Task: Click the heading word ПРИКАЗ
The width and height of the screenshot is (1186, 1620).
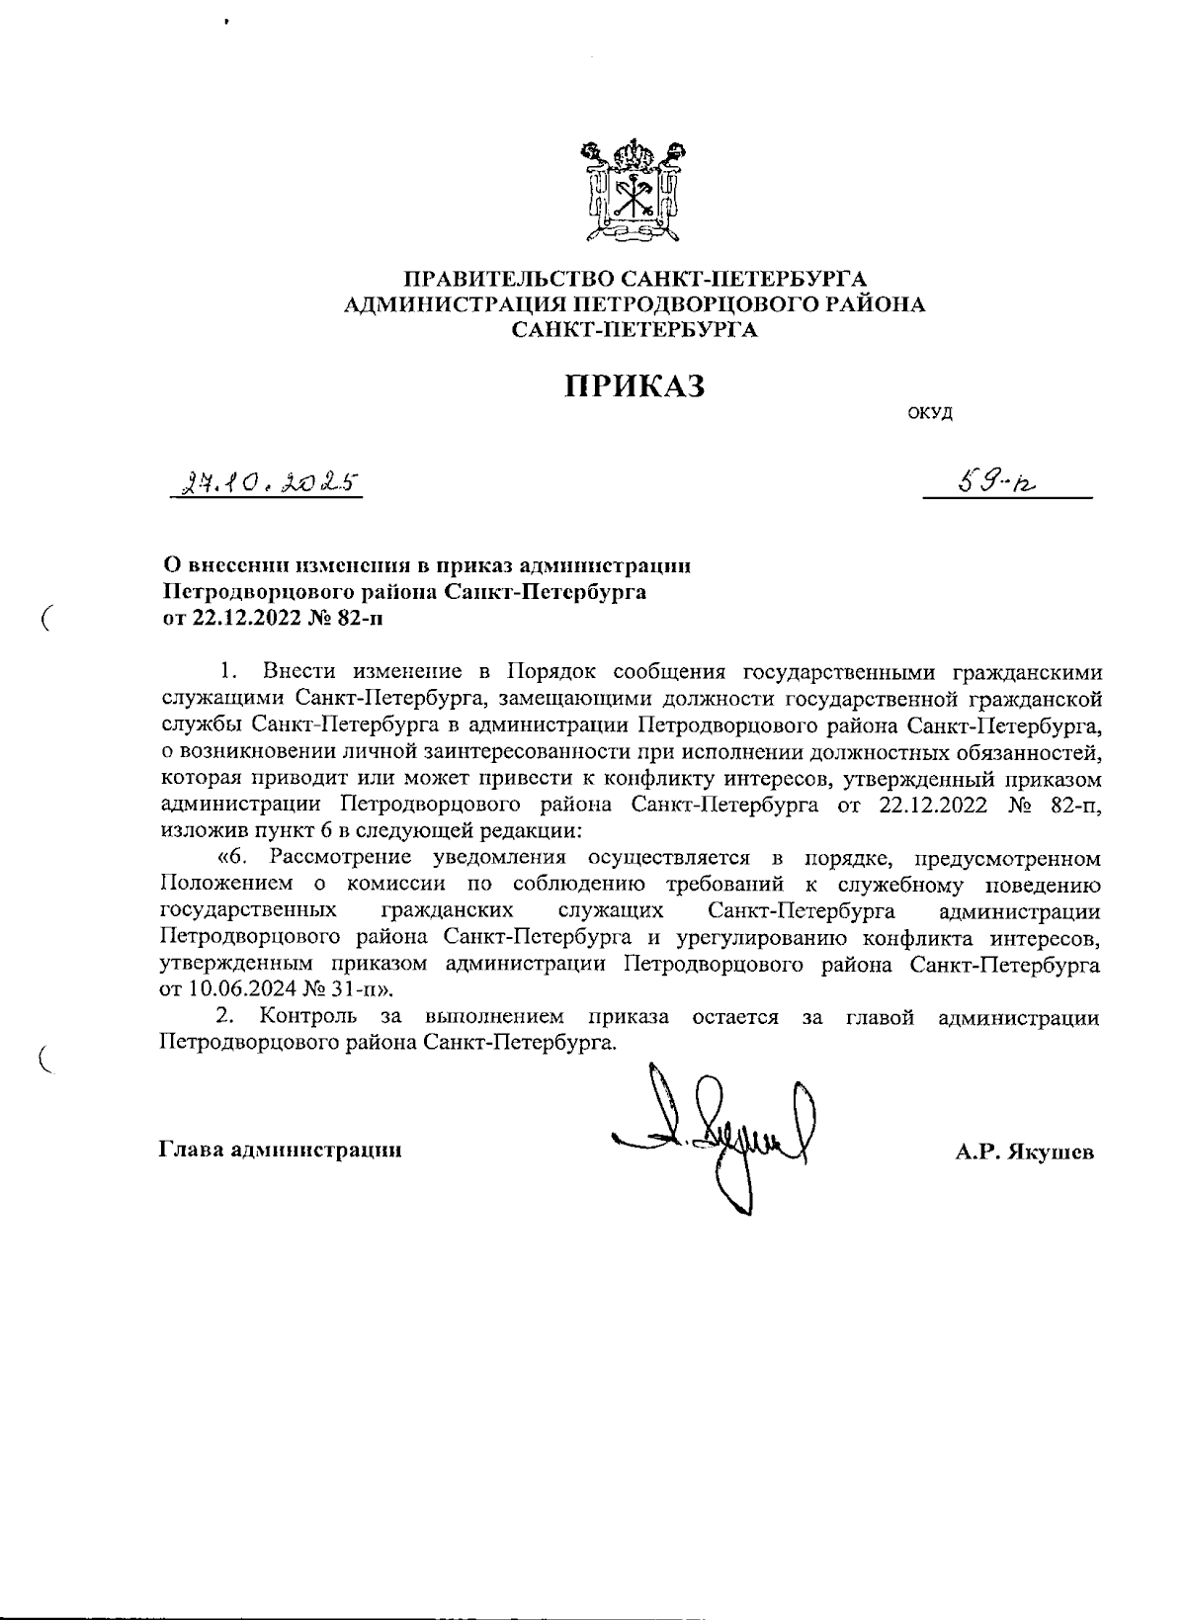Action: pos(635,386)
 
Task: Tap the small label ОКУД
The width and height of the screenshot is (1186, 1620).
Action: pos(930,413)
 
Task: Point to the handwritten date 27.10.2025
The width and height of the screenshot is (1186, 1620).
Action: pos(264,483)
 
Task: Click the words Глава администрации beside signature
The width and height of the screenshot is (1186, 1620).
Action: pos(280,1150)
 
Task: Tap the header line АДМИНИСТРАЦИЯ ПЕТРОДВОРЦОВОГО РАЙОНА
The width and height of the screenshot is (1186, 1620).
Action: pos(635,304)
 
